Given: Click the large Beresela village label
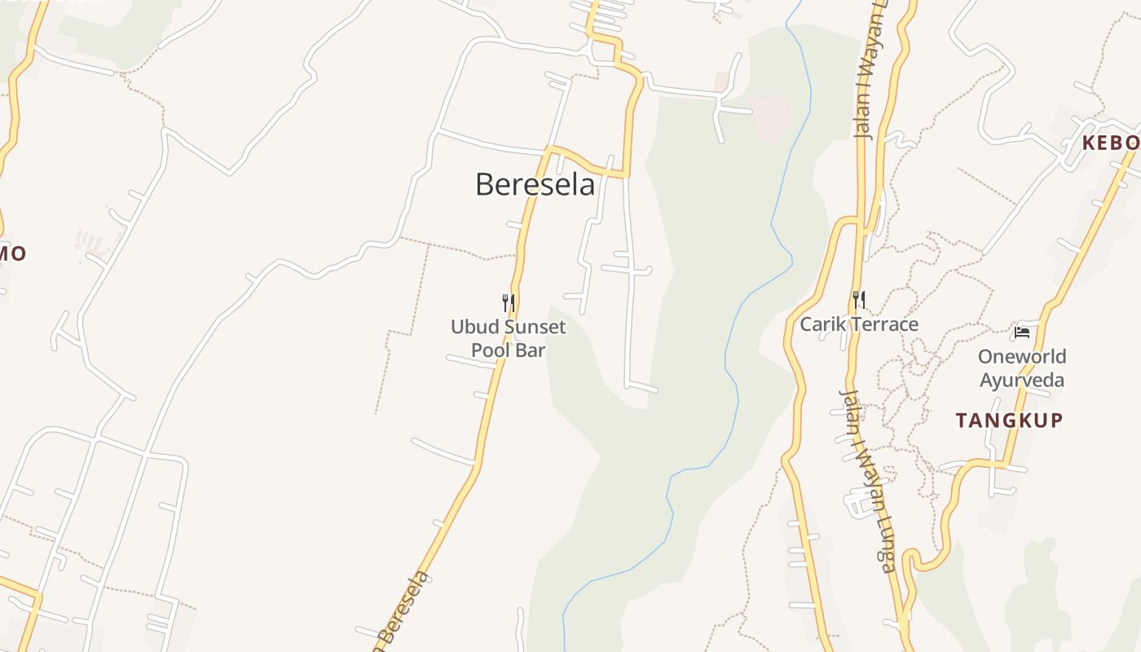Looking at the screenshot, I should [x=535, y=184].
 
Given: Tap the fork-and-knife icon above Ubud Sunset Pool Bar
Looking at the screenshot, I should [x=508, y=303].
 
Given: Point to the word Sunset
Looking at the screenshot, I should [x=534, y=328].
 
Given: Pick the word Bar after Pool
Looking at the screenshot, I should [x=531, y=350].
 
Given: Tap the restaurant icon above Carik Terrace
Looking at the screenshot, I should [x=857, y=300].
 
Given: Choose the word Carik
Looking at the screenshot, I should [x=821, y=324].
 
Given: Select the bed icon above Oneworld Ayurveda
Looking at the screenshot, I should [x=1022, y=332].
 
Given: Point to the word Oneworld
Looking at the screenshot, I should [x=1022, y=356].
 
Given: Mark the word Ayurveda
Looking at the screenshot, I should [x=1022, y=380].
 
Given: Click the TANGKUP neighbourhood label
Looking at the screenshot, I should [x=1009, y=421].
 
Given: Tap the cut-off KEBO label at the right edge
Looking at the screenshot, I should [x=1110, y=143].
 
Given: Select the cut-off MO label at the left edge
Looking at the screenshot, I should [x=13, y=253].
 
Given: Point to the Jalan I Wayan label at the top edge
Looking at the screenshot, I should [x=869, y=73].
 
